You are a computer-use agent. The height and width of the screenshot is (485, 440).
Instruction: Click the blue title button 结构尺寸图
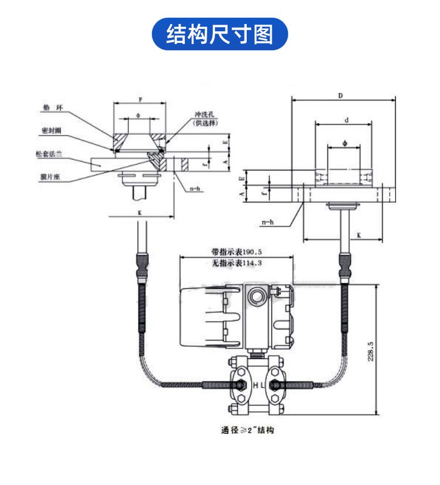[220, 34]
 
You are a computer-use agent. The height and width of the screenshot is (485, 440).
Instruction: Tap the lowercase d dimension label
[346, 120]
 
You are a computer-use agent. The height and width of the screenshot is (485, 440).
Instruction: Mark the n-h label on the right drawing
[269, 222]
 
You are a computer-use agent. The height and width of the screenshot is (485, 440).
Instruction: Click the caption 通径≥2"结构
[247, 430]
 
